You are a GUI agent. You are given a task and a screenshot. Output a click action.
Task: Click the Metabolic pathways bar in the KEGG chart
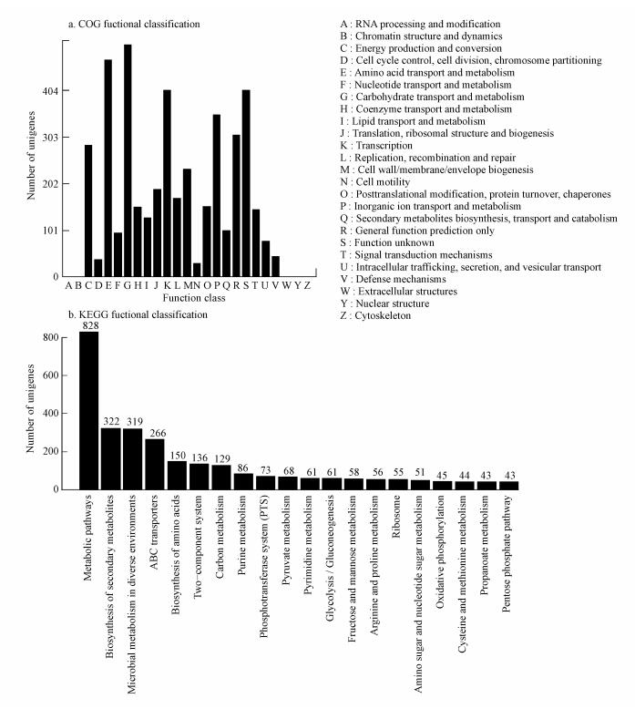88,410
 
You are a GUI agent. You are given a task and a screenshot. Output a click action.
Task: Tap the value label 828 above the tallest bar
88,325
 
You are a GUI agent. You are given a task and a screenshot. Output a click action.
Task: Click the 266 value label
155,433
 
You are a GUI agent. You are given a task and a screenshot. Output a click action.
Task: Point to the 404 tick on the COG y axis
48,91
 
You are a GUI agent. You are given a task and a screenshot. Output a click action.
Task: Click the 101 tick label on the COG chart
48,230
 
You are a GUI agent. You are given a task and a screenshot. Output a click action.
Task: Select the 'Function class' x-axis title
189,298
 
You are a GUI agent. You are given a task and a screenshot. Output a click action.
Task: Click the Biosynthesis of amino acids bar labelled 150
177,475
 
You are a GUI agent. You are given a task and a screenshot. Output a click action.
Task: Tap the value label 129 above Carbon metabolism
221,458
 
